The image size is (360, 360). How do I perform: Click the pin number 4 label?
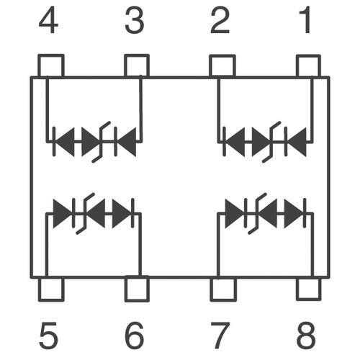(48, 20)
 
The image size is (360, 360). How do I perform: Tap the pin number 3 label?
(135, 20)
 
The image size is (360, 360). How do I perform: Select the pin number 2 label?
(220, 20)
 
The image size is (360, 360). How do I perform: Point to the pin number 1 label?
(305, 20)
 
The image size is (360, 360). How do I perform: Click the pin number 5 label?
(49, 336)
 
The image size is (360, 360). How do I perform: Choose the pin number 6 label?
(135, 336)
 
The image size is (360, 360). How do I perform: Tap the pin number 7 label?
(220, 336)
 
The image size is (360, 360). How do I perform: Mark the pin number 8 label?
(306, 336)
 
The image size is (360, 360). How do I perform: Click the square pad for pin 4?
(51, 66)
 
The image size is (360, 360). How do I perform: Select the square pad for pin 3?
(137, 66)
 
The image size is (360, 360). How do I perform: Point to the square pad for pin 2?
(222, 66)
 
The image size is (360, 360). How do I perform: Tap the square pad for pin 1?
(308, 66)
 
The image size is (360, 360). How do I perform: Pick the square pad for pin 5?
(51, 289)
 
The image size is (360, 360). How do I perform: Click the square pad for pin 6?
(137, 289)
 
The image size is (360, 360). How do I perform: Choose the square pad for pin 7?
(223, 289)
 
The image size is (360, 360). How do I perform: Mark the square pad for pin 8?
(309, 289)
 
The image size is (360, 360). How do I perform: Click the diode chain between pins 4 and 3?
(94, 142)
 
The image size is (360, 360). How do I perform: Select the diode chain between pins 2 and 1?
(265, 142)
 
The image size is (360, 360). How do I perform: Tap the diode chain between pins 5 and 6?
(94, 213)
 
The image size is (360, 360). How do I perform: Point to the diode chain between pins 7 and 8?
(266, 213)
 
